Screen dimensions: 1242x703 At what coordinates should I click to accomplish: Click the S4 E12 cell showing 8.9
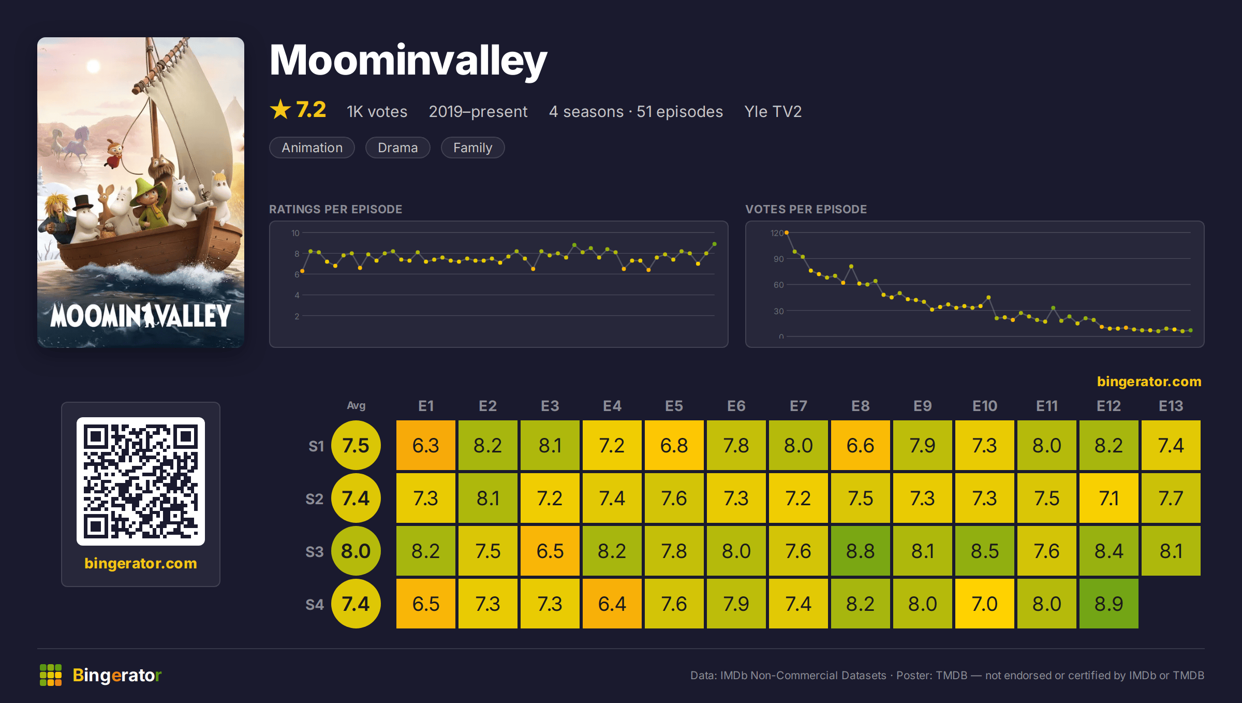tap(1108, 604)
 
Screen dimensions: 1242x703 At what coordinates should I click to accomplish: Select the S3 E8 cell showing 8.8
tap(860, 551)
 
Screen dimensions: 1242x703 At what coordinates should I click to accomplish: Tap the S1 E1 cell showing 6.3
tap(425, 445)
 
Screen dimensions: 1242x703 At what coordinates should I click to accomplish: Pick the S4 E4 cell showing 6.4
tap(612, 604)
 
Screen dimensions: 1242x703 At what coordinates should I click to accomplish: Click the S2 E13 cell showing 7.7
tap(1171, 498)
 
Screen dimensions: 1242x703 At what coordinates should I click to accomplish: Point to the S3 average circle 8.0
tap(356, 551)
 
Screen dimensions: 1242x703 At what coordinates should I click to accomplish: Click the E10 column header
tap(984, 406)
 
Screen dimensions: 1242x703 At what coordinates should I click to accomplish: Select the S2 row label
tap(314, 499)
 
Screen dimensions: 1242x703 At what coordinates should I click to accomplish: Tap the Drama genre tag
tap(397, 148)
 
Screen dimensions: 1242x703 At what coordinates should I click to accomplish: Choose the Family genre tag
tap(472, 148)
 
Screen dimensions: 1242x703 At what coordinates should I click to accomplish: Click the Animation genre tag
tap(312, 148)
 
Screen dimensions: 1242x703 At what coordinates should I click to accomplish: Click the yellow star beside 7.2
tap(280, 109)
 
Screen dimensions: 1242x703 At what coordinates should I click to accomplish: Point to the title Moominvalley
tap(408, 61)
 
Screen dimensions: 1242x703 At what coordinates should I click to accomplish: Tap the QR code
tap(141, 481)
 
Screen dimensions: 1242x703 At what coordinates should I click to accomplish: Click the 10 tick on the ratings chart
tap(295, 233)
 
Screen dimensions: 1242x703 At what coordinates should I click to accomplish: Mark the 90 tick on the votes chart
tap(778, 259)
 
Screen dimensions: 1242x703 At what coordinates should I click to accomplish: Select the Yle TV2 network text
tap(773, 112)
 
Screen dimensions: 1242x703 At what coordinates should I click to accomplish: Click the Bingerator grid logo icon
tap(51, 675)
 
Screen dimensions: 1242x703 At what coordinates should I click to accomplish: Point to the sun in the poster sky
tap(93, 66)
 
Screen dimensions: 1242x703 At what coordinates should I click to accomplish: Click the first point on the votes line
tap(787, 233)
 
